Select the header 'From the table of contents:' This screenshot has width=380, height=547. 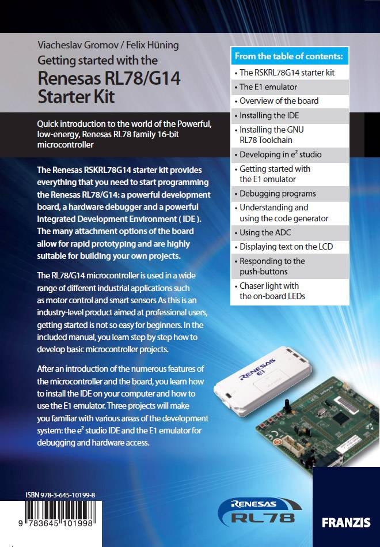(x=288, y=56)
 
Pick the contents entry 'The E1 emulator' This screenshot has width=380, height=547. (x=268, y=87)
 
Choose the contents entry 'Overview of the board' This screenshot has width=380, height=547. (x=279, y=101)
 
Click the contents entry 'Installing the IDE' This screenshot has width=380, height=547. (x=269, y=115)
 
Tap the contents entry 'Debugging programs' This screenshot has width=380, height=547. (x=278, y=194)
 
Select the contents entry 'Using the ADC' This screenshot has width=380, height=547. (x=265, y=232)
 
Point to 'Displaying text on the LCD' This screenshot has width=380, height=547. (x=286, y=247)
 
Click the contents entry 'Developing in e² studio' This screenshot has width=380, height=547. (x=280, y=154)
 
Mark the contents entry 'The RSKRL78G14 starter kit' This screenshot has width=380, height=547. (x=287, y=73)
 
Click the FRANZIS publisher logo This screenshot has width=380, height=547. (x=346, y=523)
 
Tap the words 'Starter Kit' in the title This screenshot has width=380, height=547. (x=76, y=96)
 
